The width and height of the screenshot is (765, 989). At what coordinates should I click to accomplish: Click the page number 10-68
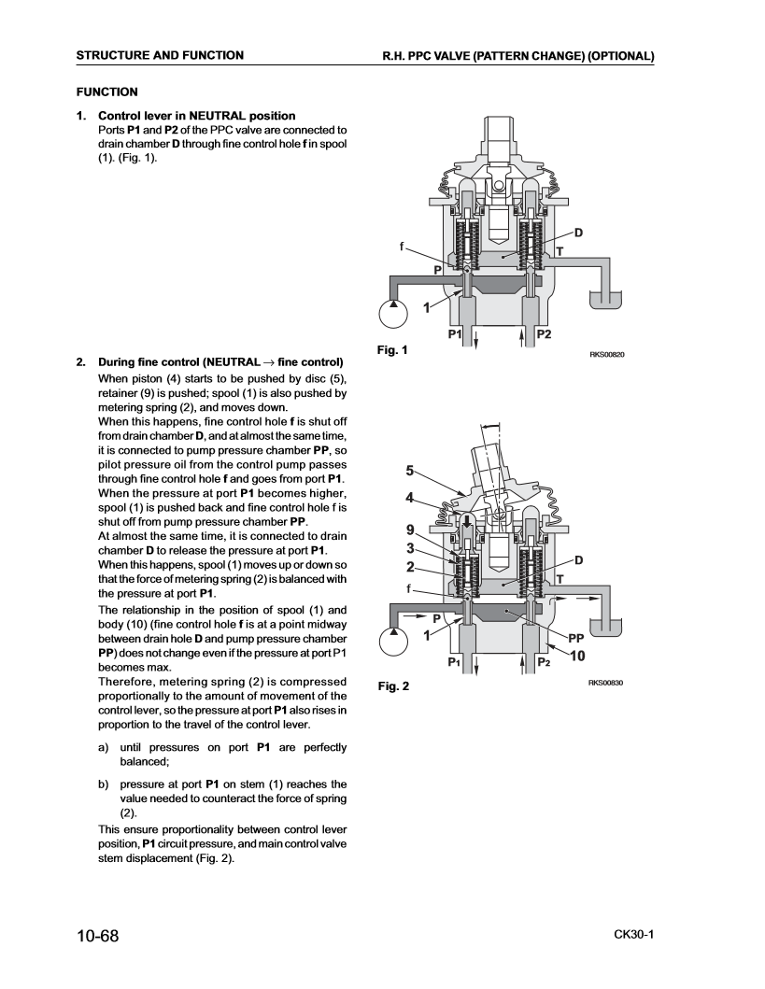pyautogui.click(x=98, y=936)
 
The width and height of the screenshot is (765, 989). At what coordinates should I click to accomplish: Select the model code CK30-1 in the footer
pyautogui.click(x=633, y=934)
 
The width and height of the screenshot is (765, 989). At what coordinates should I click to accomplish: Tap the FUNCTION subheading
pyautogui.click(x=107, y=92)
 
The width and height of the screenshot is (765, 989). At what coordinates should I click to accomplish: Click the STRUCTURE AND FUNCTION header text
pyautogui.click(x=160, y=55)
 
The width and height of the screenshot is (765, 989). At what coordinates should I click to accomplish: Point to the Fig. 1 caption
pyautogui.click(x=392, y=350)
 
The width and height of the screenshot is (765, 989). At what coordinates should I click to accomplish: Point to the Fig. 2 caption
pyautogui.click(x=393, y=686)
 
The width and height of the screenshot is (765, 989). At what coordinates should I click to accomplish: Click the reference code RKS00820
pyautogui.click(x=607, y=355)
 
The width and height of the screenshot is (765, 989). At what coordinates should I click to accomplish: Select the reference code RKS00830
pyautogui.click(x=605, y=683)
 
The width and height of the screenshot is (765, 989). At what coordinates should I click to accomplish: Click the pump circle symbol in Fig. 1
pyautogui.click(x=393, y=314)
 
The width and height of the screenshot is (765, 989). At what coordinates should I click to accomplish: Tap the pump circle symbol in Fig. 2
pyautogui.click(x=393, y=642)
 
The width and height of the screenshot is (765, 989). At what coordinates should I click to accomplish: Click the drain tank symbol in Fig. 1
pyautogui.click(x=605, y=300)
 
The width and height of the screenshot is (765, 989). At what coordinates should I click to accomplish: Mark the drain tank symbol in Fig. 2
pyautogui.click(x=605, y=628)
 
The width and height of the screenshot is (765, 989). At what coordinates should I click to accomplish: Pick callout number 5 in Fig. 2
pyautogui.click(x=409, y=472)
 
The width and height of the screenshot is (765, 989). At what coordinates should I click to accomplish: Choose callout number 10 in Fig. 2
pyautogui.click(x=577, y=657)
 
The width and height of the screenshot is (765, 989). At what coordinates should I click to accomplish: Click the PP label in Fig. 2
pyautogui.click(x=575, y=638)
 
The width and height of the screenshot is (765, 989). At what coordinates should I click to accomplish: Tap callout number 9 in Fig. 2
pyautogui.click(x=410, y=530)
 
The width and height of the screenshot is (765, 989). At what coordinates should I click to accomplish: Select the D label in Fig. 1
pyautogui.click(x=577, y=233)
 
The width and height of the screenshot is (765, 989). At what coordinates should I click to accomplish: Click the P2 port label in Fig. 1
pyautogui.click(x=544, y=334)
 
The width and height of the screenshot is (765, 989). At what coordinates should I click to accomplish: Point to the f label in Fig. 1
pyautogui.click(x=402, y=247)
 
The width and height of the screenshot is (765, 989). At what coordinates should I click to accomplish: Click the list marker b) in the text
pyautogui.click(x=104, y=784)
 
